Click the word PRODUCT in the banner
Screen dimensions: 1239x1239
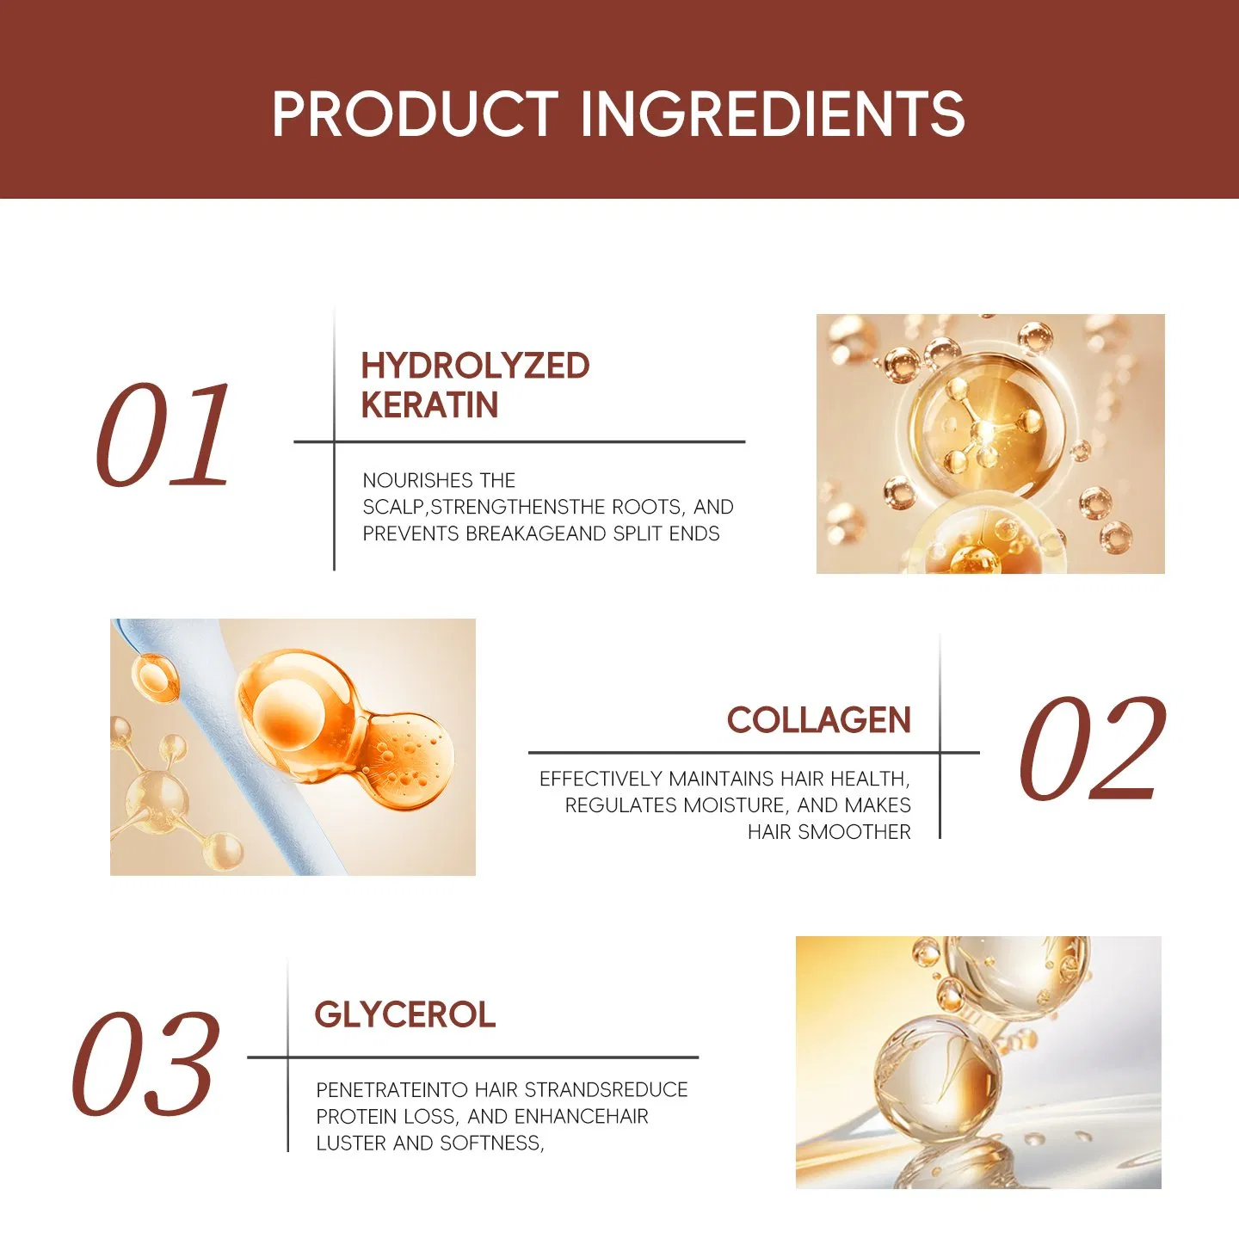coord(415,114)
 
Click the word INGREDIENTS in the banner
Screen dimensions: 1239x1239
coord(772,114)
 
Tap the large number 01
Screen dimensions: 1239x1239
coord(163,435)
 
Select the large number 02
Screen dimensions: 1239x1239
coord(1091,749)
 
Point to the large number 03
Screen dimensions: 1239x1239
coord(145,1064)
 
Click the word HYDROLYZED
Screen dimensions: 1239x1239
coord(475,366)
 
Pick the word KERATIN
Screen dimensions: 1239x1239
coord(429,405)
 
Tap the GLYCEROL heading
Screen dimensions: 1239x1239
coord(404,1015)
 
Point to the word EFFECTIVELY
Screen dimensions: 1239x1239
coord(601,779)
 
